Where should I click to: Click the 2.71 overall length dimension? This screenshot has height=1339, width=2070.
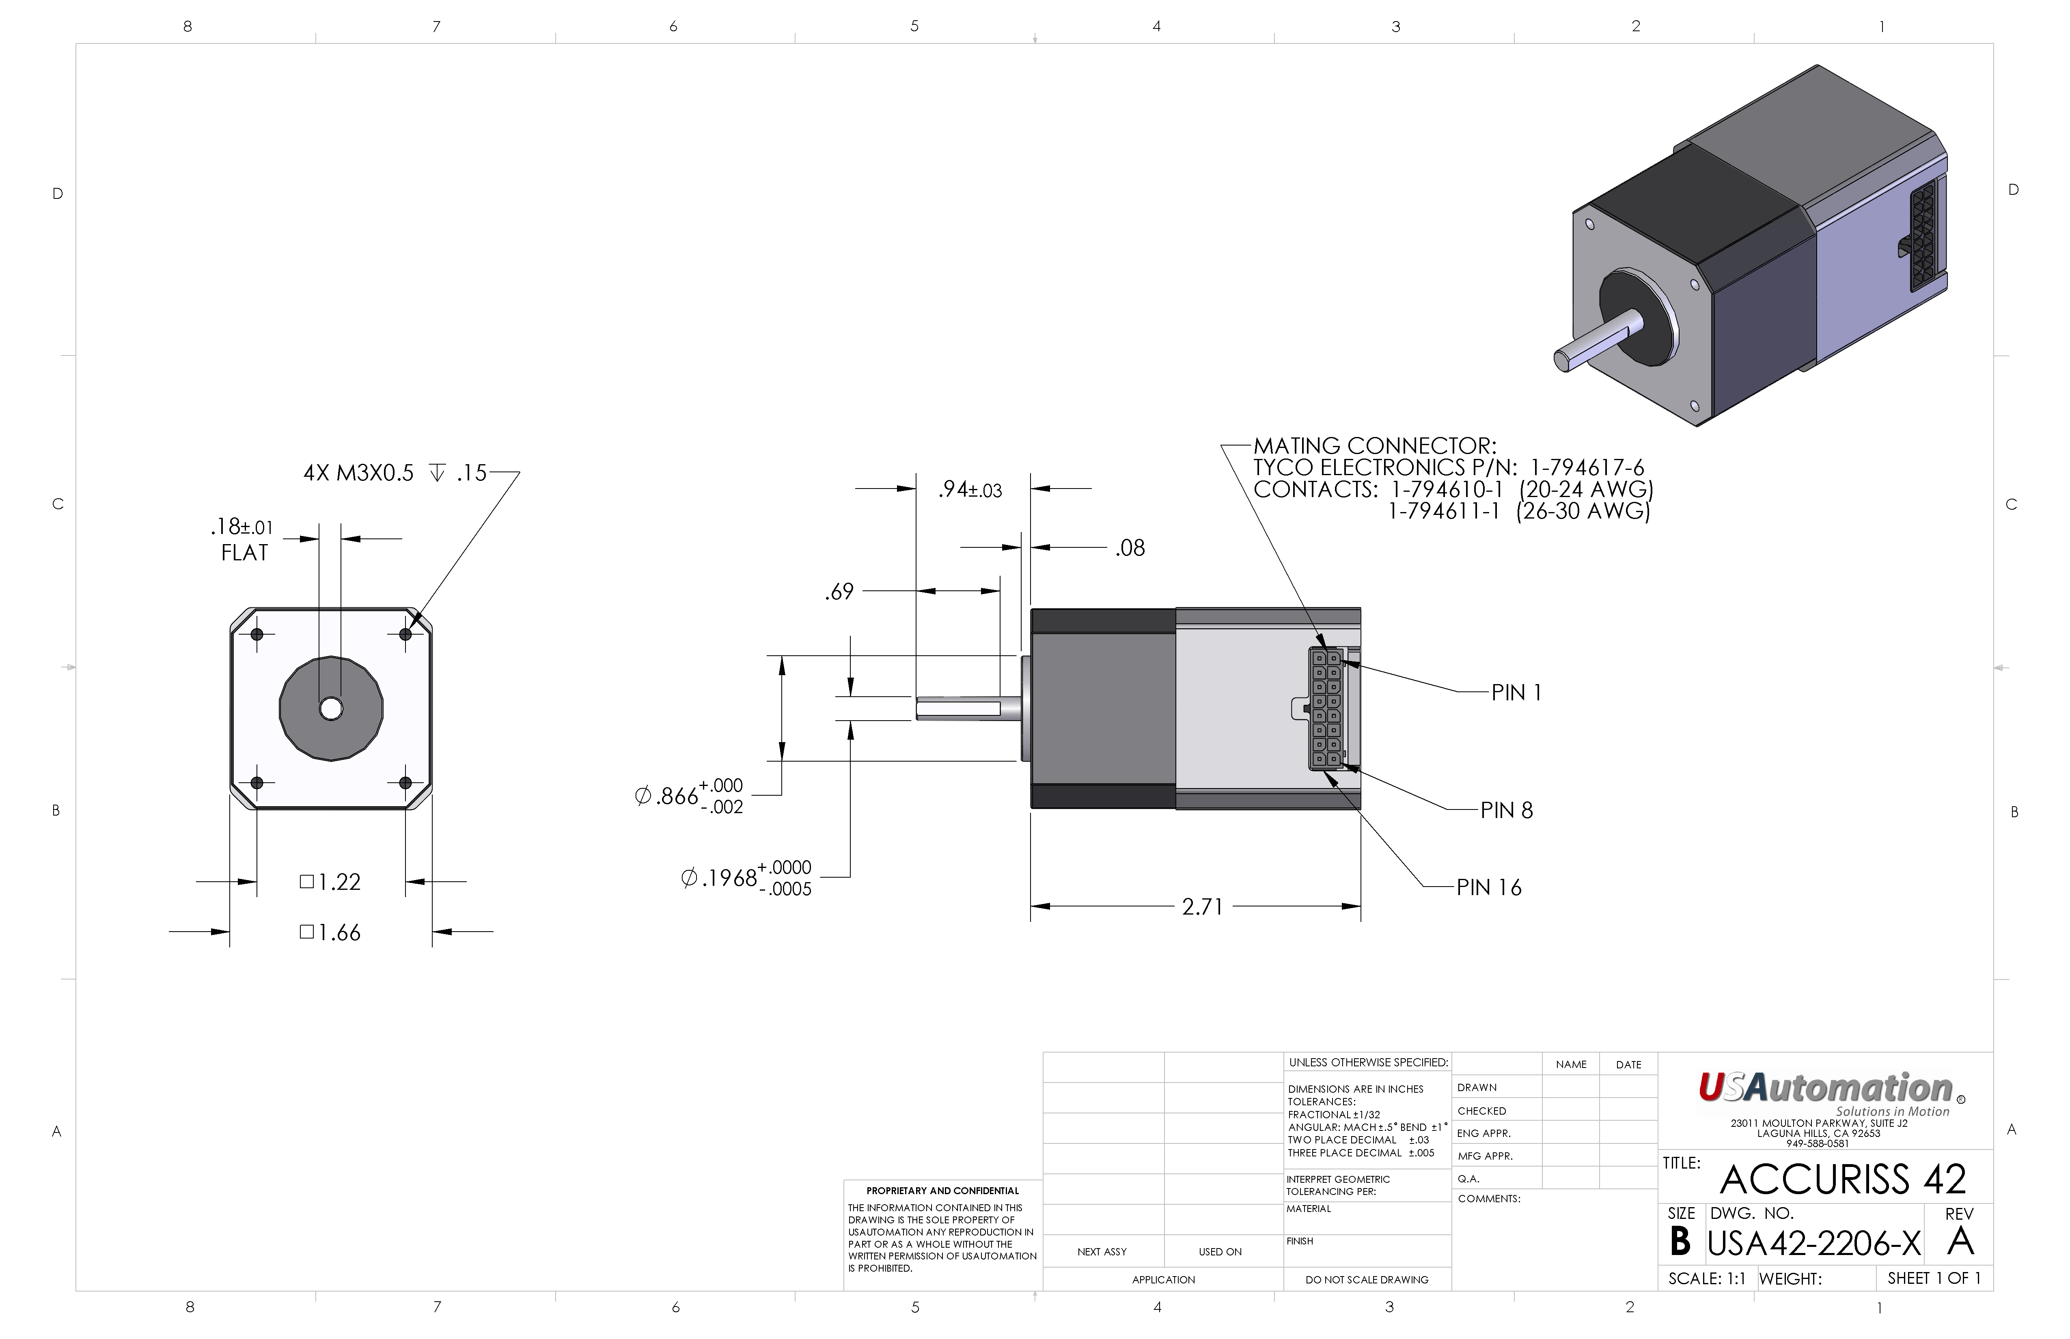tap(1203, 907)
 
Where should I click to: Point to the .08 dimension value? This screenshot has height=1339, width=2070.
tap(1131, 548)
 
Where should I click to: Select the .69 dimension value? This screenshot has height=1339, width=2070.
tap(839, 592)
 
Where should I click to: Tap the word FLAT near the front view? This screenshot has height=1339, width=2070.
tap(244, 553)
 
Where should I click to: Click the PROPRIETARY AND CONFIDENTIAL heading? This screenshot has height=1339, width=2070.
tap(943, 1191)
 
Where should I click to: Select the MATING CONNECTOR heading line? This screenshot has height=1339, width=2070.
tap(1375, 446)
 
